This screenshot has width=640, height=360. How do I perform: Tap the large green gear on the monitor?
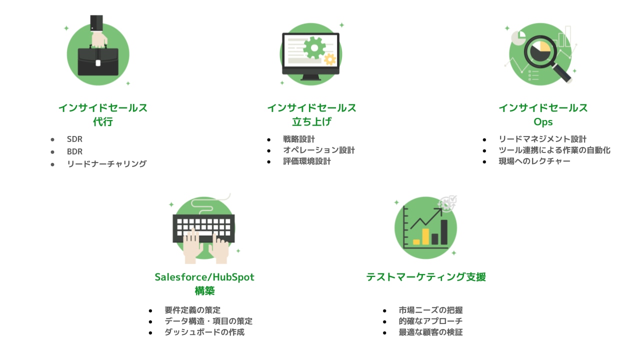pyautogui.click(x=314, y=47)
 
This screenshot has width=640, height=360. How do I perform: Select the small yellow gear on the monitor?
pyautogui.click(x=330, y=59)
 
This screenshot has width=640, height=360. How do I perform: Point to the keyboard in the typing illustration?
pyautogui.click(x=203, y=228)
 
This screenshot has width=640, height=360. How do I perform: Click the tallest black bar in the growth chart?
pyautogui.click(x=444, y=232)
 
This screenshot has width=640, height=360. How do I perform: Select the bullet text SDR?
pyautogui.click(x=74, y=139)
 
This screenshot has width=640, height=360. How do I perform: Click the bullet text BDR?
pyautogui.click(x=74, y=151)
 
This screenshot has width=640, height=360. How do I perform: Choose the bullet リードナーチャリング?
pyautogui.click(x=106, y=163)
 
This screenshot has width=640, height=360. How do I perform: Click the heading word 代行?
pyautogui.click(x=103, y=121)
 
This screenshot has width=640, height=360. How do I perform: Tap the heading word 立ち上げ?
pyautogui.click(x=311, y=121)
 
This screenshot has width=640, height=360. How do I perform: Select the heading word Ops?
pyautogui.click(x=543, y=122)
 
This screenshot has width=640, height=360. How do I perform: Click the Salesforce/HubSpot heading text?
pyautogui.click(x=204, y=277)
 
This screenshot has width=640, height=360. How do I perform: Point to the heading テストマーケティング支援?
pyautogui.click(x=426, y=277)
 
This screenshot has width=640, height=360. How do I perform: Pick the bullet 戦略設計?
pyautogui.click(x=299, y=139)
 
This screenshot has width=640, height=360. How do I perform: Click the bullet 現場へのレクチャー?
pyautogui.click(x=534, y=161)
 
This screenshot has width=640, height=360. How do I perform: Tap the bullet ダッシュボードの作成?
pyautogui.click(x=204, y=332)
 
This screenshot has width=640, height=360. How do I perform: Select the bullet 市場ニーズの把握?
pyautogui.click(x=430, y=310)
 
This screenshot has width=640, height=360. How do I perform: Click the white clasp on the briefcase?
pyautogui.click(x=98, y=62)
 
